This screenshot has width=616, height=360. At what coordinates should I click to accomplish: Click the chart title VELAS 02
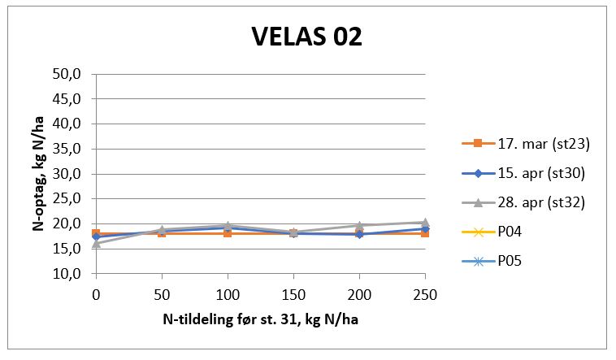click(x=306, y=37)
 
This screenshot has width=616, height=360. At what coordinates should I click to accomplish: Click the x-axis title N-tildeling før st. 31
click(x=259, y=321)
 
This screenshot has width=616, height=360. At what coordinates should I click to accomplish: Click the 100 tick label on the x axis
click(x=228, y=292)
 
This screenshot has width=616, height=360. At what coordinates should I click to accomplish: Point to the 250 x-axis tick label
click(x=424, y=292)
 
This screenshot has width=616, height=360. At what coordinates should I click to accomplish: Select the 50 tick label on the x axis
click(x=162, y=292)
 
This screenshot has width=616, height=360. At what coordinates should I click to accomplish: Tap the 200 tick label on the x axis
click(x=358, y=292)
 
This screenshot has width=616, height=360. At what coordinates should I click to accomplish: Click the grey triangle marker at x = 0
click(x=96, y=243)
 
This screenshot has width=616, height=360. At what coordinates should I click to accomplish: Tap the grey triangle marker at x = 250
click(x=424, y=222)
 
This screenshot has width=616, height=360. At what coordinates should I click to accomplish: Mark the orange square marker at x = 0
click(x=96, y=233)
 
